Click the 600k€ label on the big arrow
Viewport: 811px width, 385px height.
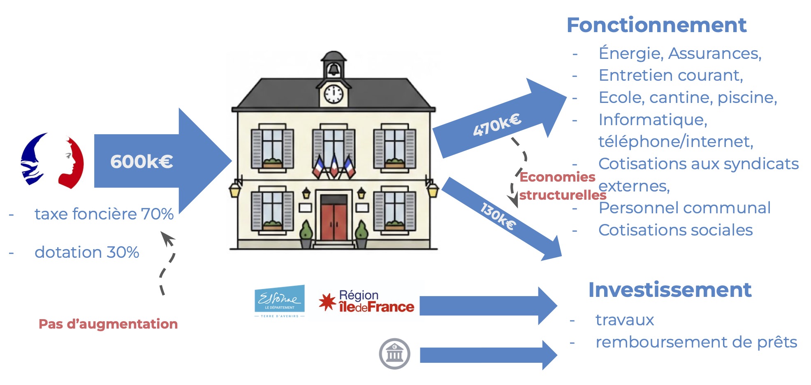pyautogui.click(x=141, y=161)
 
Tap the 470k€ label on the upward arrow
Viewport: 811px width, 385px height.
pyautogui.click(x=497, y=125)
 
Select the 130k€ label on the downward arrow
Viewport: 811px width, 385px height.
pyautogui.click(x=498, y=216)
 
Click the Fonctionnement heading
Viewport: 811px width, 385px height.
pyautogui.click(x=656, y=25)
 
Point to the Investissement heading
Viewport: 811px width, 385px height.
pyautogui.click(x=670, y=290)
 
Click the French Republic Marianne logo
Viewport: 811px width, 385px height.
pyautogui.click(x=52, y=161)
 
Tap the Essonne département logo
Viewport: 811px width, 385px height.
pyautogui.click(x=280, y=301)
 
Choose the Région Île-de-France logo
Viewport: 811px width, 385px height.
pyautogui.click(x=366, y=302)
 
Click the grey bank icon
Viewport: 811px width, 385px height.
pyautogui.click(x=394, y=354)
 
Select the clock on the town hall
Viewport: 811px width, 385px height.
pyautogui.click(x=334, y=94)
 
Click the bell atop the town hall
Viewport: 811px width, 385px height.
pyautogui.click(x=334, y=69)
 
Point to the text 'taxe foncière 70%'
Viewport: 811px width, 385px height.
pyautogui.click(x=104, y=214)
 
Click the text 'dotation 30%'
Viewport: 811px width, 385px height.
pyautogui.click(x=87, y=252)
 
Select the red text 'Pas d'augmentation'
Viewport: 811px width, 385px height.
pyautogui.click(x=108, y=324)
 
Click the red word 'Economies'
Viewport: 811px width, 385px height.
pyautogui.click(x=557, y=177)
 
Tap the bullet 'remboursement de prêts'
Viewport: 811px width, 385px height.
pyautogui.click(x=696, y=342)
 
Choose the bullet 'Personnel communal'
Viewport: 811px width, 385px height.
pyautogui.click(x=684, y=208)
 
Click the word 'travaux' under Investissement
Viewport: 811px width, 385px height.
pyautogui.click(x=624, y=320)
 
